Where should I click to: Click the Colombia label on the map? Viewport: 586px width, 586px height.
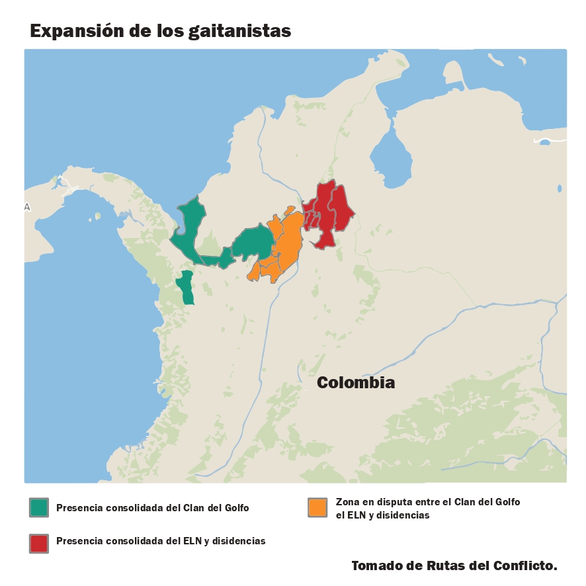356,382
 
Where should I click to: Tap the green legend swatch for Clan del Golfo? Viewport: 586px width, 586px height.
39,507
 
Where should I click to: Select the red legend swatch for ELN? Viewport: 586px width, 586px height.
39,542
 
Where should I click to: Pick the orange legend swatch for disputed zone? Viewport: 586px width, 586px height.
318,507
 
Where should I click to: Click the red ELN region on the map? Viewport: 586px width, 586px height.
329,212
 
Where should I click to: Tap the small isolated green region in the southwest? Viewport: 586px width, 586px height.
186,288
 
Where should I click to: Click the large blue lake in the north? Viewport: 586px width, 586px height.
390,159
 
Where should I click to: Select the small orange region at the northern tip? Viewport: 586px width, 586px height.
289,210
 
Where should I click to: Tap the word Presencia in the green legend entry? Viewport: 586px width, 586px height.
80,508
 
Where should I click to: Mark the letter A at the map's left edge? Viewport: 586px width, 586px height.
27,207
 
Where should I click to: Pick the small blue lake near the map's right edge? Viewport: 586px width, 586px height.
560,188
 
